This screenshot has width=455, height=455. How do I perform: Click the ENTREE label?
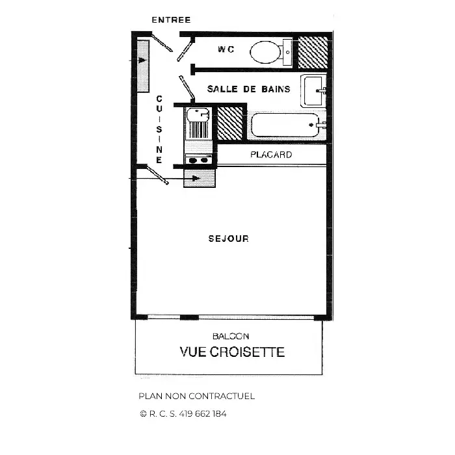click(171, 20)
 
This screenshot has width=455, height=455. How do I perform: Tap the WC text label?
click(226, 49)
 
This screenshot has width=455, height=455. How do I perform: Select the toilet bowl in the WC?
click(265, 52)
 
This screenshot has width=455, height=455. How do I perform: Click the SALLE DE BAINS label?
click(249, 89)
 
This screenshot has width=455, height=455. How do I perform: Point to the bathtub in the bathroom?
click(285, 125)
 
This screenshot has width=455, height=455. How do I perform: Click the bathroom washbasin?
click(313, 90)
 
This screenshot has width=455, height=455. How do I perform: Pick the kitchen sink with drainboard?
click(198, 123)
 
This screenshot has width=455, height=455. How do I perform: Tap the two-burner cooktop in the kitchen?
click(199, 160)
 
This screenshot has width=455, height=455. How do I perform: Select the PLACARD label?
click(271, 155)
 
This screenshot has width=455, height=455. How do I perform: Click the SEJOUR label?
click(229, 239)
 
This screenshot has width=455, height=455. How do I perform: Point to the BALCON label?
click(231, 336)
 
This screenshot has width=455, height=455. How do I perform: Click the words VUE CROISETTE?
click(232, 352)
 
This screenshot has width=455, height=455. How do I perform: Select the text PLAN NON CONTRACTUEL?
click(197, 396)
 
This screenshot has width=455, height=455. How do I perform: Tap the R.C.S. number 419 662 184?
click(203, 413)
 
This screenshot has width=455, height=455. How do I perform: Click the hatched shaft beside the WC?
click(313, 53)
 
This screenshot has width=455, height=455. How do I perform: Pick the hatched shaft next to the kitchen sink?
click(230, 123)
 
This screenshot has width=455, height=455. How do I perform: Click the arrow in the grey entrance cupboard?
click(142, 60)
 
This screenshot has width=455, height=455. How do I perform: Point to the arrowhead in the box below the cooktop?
click(196, 178)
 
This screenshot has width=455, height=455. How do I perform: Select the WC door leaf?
click(185, 51)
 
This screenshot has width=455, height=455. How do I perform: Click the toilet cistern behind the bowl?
click(287, 53)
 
